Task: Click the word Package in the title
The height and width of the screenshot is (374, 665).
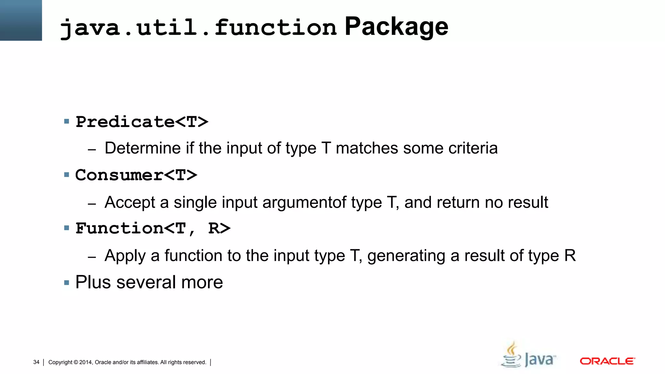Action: point(396,27)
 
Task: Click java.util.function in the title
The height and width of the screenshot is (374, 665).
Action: point(198,27)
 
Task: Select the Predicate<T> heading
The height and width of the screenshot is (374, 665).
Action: point(142,122)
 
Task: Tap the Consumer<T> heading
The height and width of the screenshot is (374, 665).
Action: point(136,175)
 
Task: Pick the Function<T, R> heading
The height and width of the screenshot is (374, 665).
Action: point(153,228)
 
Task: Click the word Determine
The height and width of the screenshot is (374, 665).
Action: point(143,148)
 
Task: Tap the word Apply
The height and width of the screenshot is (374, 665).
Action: point(125,256)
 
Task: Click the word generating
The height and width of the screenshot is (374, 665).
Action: point(406,256)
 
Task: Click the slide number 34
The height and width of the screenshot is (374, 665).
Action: point(36,362)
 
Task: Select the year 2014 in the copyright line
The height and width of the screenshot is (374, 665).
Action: point(86,362)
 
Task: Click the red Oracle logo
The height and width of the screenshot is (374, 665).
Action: point(607,361)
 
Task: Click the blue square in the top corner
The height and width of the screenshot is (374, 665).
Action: point(21,20)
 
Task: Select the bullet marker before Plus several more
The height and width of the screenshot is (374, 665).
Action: point(67,283)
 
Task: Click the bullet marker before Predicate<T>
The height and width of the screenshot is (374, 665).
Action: point(67,122)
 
